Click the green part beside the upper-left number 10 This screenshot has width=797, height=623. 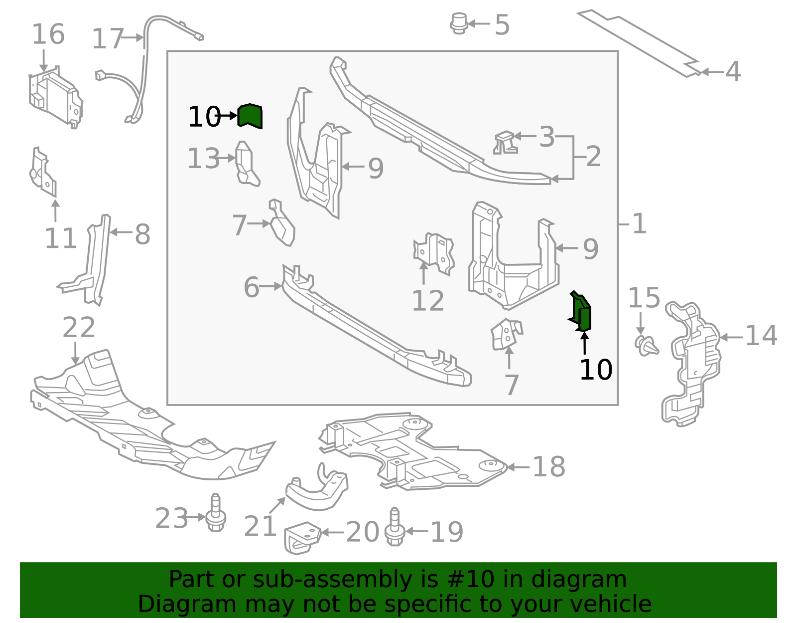click(250, 116)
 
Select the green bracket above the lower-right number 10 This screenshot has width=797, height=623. click(580, 311)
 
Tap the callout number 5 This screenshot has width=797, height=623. click(502, 25)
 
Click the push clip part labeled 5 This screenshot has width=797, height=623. click(459, 23)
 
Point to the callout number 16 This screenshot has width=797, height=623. click(48, 34)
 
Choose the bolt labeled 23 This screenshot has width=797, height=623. click(216, 512)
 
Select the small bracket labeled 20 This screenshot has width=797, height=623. click(302, 538)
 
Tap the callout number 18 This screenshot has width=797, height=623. click(549, 466)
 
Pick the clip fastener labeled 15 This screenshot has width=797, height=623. click(646, 346)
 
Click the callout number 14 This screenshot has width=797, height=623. click(761, 336)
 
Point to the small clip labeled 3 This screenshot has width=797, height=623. click(506, 142)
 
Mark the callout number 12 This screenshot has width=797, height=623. click(428, 301)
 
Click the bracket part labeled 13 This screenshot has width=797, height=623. click(247, 164)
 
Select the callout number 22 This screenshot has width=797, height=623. click(79, 328)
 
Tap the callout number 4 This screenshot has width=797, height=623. click(733, 72)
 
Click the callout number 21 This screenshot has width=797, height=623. click(260, 526)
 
